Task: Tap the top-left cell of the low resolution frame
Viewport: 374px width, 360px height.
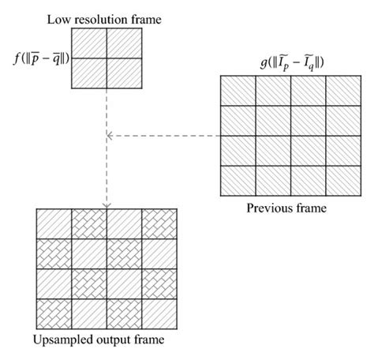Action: pyautogui.click(x=89, y=44)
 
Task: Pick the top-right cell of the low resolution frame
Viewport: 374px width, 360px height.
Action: pyautogui.click(x=124, y=44)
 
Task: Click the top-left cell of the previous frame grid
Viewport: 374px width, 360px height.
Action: pyautogui.click(x=236, y=92)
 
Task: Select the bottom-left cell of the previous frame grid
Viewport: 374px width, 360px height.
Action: pyautogui.click(x=236, y=181)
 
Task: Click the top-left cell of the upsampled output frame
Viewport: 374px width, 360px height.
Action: pyautogui.click(x=54, y=223)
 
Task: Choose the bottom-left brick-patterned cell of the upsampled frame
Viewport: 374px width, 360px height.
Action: pyautogui.click(x=54, y=313)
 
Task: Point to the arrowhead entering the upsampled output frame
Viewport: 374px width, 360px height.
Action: pyautogui.click(x=107, y=204)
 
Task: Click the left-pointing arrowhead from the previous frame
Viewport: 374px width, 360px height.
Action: pyautogui.click(x=110, y=137)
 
